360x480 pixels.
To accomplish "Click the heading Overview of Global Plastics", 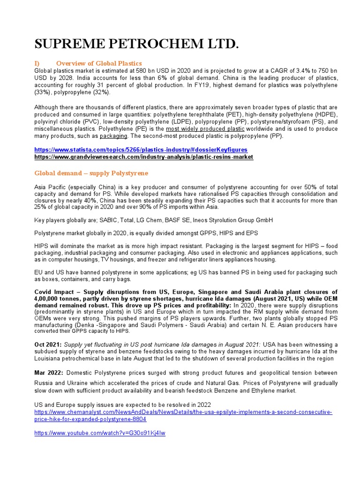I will click(x=98, y=63).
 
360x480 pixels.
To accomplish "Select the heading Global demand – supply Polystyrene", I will click(x=91, y=173).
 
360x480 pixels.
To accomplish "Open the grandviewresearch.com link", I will click(x=143, y=157).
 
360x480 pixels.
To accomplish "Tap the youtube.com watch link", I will click(x=99, y=434).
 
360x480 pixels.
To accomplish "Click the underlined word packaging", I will click(x=113, y=136).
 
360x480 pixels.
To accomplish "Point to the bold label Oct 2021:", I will click(x=48, y=345).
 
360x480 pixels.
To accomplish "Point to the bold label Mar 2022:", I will click(x=49, y=373).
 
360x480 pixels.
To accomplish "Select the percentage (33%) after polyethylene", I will click(x=43, y=92).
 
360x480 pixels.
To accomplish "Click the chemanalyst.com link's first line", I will click(x=183, y=412).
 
